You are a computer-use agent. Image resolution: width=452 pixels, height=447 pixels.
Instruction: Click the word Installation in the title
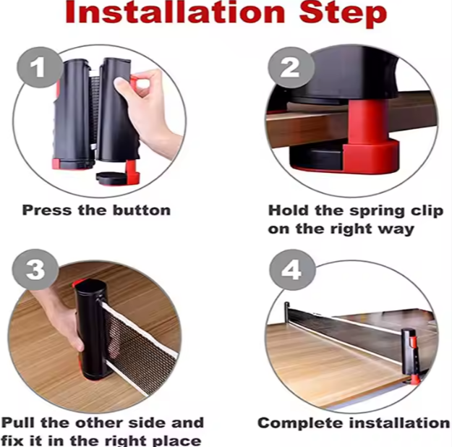[x=176, y=13]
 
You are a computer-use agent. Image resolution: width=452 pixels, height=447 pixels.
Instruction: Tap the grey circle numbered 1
[x=39, y=67]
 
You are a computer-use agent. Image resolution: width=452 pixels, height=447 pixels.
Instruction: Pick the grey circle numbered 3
[x=35, y=270]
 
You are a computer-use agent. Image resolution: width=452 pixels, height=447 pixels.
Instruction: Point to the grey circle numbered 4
[x=292, y=270]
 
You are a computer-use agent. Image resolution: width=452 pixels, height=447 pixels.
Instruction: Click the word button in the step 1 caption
[x=142, y=210]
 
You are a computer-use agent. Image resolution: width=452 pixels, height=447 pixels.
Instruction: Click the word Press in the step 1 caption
[x=47, y=210]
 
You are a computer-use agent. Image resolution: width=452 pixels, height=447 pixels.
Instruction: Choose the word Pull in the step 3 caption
[x=19, y=423]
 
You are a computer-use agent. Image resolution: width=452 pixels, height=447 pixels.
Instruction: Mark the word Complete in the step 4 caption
[x=301, y=424]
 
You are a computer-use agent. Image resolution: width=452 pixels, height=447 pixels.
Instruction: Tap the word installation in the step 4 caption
[x=399, y=423]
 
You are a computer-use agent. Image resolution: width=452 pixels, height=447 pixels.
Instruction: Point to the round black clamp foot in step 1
[x=112, y=178]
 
